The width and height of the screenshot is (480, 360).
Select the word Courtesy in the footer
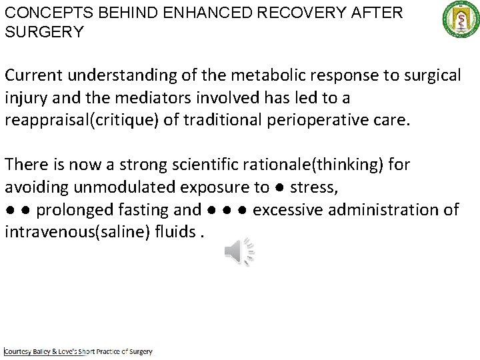click(x=21, y=351)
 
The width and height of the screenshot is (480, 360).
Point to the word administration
click(x=386, y=210)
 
